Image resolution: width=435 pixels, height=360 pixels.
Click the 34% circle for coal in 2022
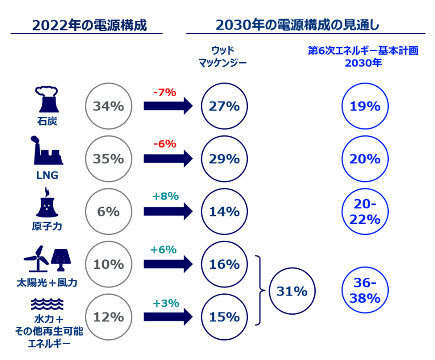pos(108,106)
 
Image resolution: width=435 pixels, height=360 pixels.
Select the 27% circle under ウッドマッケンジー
pos(224,106)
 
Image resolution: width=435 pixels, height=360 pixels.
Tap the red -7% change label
pos(164,92)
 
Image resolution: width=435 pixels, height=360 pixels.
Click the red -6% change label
pos(164,144)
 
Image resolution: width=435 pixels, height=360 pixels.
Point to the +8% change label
pos(166,196)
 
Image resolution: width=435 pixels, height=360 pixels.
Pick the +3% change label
pos(166,303)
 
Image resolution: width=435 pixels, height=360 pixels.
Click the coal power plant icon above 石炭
pos(47,99)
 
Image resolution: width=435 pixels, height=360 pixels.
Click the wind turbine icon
pos(36,259)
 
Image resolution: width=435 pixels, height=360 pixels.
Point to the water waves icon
pos(47,303)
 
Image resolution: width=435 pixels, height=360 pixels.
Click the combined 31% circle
pos(292,291)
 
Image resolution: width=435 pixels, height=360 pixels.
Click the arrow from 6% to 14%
pos(167,212)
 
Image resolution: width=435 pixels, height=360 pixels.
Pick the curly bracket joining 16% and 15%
pos(260,291)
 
